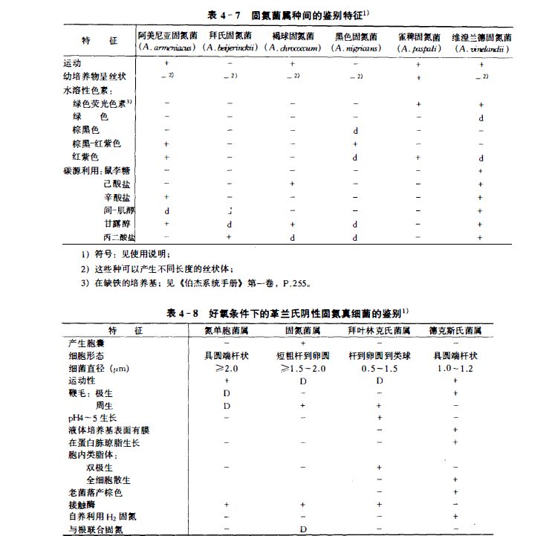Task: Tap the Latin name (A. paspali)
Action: (x=419, y=48)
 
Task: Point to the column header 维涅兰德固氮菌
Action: (x=483, y=36)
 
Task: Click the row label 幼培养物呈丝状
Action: (x=98, y=76)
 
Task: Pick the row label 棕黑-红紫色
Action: (x=96, y=143)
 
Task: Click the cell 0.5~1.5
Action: (x=380, y=368)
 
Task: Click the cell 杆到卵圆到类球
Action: (x=380, y=355)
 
